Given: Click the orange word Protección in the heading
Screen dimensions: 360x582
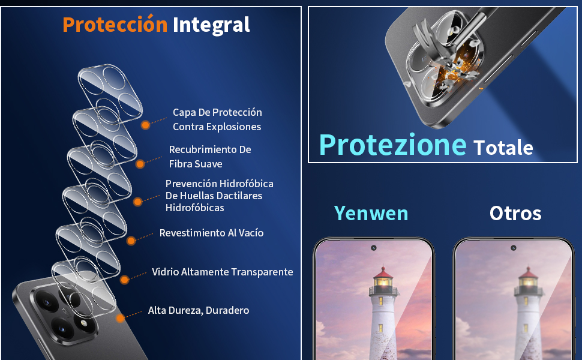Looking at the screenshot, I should tap(115, 25).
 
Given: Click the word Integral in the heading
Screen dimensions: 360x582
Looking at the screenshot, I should tap(211, 25).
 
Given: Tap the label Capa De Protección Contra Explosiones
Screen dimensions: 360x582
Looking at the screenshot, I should tap(217, 119).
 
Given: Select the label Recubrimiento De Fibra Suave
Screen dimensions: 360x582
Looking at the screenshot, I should tap(209, 157).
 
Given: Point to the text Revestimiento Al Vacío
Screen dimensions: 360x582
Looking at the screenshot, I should tap(211, 233).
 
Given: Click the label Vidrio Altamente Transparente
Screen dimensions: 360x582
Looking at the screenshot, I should tap(222, 272).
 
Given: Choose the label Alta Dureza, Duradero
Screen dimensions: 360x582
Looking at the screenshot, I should tap(198, 310).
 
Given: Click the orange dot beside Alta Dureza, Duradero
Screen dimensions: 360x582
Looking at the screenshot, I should tap(121, 318).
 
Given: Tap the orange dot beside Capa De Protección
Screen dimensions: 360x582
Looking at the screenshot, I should tap(145, 125).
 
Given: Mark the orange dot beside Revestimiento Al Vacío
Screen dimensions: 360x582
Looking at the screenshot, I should tap(131, 239).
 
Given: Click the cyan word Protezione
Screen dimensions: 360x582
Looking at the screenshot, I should tap(392, 145).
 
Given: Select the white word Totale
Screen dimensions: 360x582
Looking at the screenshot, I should tap(503, 147).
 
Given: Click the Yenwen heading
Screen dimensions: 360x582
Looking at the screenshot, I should tap(371, 213).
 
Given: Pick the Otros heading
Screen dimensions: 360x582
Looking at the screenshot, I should tap(515, 213).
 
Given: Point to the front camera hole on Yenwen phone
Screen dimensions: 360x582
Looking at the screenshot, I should tap(373, 247).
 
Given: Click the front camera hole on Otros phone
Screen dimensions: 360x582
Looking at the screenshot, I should tap(514, 247).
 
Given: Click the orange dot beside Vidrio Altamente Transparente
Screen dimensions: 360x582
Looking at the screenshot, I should tap(125, 280).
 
